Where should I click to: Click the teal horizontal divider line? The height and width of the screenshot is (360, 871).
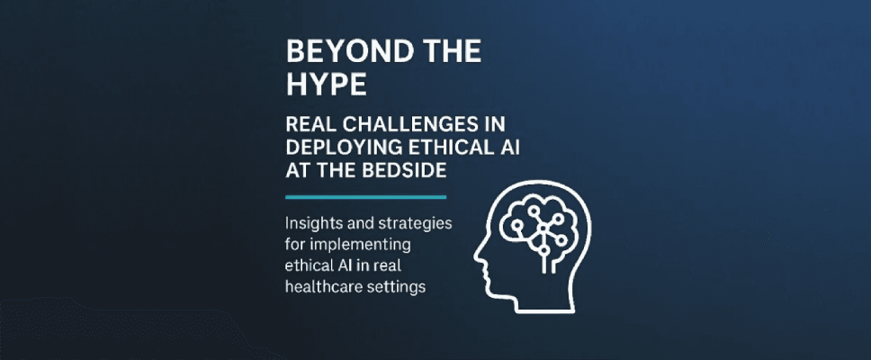pyautogui.click(x=365, y=196)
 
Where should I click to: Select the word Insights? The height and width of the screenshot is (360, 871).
pyautogui.click(x=316, y=222)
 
